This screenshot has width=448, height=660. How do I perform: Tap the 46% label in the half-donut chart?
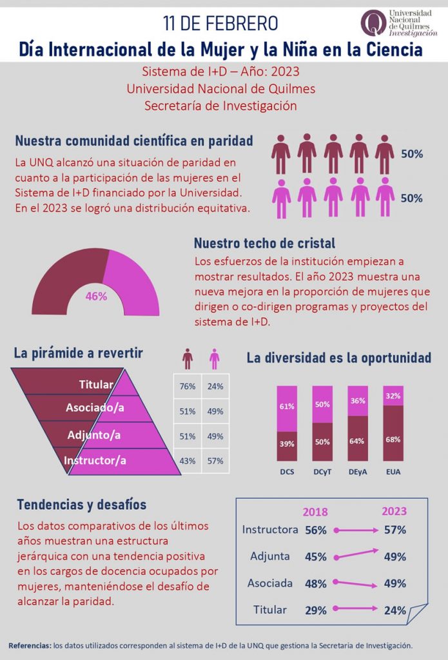click(x=96, y=296)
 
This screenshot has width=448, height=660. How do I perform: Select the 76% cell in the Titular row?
click(x=188, y=387)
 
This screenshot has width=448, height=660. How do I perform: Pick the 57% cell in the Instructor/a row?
click(x=215, y=461)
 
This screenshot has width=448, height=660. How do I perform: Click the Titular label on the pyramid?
click(x=96, y=385)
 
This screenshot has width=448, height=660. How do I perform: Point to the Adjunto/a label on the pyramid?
click(x=94, y=435)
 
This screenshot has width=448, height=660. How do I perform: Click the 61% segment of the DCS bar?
click(x=287, y=406)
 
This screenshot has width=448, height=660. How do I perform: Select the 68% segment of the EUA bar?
click(x=393, y=440)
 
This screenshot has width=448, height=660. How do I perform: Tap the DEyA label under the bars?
click(x=358, y=472)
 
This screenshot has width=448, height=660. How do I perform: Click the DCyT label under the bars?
click(x=322, y=472)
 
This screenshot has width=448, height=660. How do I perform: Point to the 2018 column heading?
click(x=315, y=512)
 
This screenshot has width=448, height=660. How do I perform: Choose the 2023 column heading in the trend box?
click(x=394, y=511)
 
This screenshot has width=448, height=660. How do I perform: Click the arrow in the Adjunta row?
click(x=355, y=554)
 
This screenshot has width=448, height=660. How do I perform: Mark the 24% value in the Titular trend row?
click(x=393, y=610)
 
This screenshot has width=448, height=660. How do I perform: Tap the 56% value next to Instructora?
click(x=316, y=530)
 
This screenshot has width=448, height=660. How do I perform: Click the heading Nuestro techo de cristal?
click(x=264, y=244)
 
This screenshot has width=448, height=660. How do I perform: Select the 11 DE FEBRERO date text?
click(x=220, y=24)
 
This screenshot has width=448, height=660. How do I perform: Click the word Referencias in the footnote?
click(x=30, y=645)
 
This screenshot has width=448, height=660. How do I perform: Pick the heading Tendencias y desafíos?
click(x=82, y=504)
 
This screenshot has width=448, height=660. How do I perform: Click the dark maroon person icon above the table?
click(x=188, y=358)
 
